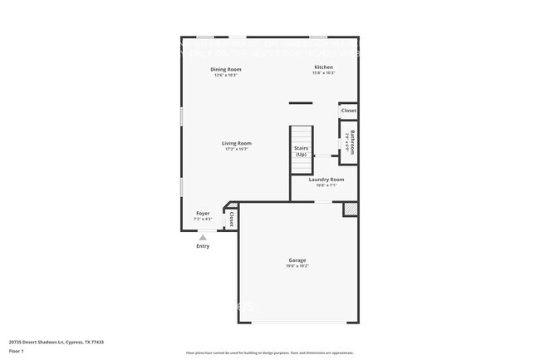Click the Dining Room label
pos(225,70)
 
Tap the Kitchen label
pos(323,67)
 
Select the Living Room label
pos(237,143)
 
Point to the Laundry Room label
pos(326,180)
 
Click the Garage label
pos(297,260)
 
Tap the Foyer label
pos(203,214)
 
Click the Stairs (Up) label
pos(301,151)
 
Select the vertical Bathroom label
pos(352,141)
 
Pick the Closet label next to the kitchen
pos(349,111)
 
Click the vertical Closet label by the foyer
pos(231,219)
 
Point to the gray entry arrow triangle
pos(203,237)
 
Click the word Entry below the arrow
pos(203,246)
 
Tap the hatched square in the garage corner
pos(351,210)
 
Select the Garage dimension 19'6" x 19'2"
pos(297,266)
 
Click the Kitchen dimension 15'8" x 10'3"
pos(323,73)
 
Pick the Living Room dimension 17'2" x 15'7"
pos(237,149)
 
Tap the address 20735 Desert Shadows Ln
pos(56,342)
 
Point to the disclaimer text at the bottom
pos(268,353)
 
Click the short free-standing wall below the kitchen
pos(301,103)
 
